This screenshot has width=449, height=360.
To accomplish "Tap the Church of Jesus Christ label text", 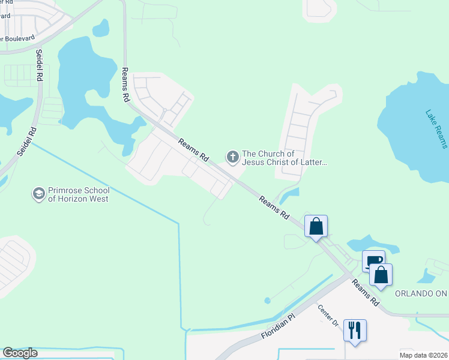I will pyautogui.click(x=284, y=158).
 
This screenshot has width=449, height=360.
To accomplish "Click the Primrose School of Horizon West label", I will pyautogui.click(x=78, y=194).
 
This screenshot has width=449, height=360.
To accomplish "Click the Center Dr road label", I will pyautogui.click(x=328, y=316).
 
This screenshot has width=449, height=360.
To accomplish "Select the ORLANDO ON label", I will pyautogui.click(x=421, y=293).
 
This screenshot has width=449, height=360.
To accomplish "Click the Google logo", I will pyautogui.click(x=20, y=353).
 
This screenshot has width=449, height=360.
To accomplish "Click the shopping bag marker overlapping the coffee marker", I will pyautogui.click(x=381, y=275).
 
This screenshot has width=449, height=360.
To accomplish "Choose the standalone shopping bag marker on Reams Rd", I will pyautogui.click(x=316, y=227).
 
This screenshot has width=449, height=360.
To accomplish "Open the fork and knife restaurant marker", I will pyautogui.click(x=355, y=330).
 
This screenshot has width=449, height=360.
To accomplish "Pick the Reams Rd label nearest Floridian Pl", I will pyautogui.click(x=366, y=292).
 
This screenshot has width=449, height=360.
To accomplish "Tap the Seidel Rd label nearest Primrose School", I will pyautogui.click(x=26, y=142).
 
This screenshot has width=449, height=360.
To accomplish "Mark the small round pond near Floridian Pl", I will pyautogui.click(x=267, y=301).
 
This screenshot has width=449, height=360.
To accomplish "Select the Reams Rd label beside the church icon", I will pyautogui.click(x=194, y=149).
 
